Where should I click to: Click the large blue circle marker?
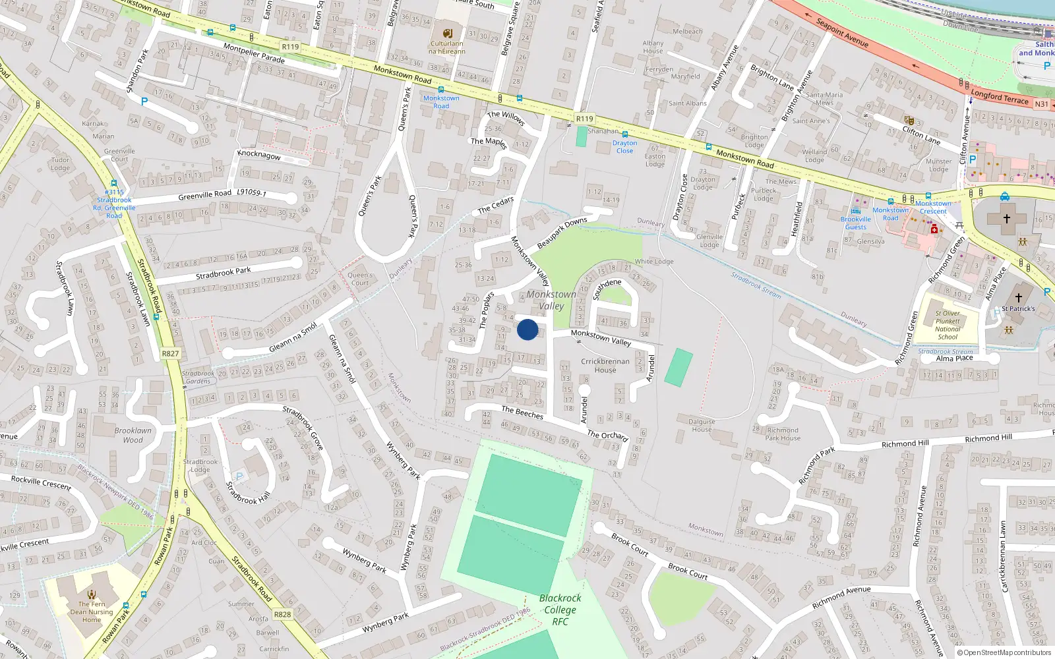pyautogui.click(x=527, y=329)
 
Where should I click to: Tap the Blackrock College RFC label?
pyautogui.click(x=560, y=610)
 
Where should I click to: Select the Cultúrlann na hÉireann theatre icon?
pyautogui.click(x=448, y=33)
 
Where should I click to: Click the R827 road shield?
pyautogui.click(x=170, y=354)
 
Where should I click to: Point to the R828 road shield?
pyautogui.click(x=282, y=614)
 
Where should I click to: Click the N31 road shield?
pyautogui.click(x=1041, y=104)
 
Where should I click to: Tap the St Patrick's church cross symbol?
pyautogui.click(x=1018, y=298)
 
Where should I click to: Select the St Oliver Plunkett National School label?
pyautogui.click(x=948, y=325)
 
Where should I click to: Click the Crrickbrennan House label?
pyautogui.click(x=605, y=366)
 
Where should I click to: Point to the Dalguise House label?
pyautogui.click(x=702, y=425)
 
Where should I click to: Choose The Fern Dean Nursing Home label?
pyautogui.click(x=92, y=612)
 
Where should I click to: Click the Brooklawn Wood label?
pyautogui.click(x=133, y=435)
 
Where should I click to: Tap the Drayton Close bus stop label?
pyautogui.click(x=624, y=147)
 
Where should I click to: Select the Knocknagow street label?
pyautogui.click(x=258, y=155)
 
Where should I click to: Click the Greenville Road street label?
pyautogui.click(x=204, y=195)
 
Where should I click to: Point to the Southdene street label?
pyautogui.click(x=607, y=289)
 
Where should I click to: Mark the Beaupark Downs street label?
pyautogui.click(x=562, y=233)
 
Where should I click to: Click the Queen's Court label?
pyautogui.click(x=360, y=279)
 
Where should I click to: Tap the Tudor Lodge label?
pyautogui.click(x=60, y=163)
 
